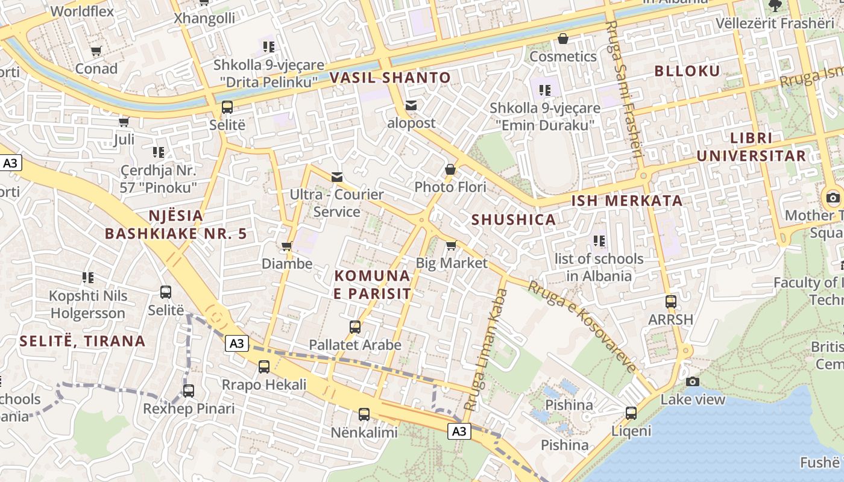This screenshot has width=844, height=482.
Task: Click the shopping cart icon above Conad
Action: pos(96,51)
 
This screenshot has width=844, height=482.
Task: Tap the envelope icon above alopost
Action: pos(411,105)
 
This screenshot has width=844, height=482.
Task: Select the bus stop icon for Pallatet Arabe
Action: pos(355,327)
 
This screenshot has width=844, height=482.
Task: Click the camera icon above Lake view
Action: pos(693,381)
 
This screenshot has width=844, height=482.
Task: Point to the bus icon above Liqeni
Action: pos(631,413)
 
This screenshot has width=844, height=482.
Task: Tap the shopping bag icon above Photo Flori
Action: pos(450,170)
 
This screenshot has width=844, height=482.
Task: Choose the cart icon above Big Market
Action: pos(451,245)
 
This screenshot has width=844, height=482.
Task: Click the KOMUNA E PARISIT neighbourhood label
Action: pos(372,285)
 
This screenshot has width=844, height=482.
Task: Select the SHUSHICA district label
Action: pos(514,219)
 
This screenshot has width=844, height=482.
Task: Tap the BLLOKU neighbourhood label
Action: pos(687,71)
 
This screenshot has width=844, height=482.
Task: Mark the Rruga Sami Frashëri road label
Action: pos(623,90)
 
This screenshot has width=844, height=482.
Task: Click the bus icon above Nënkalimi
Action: pos(364,415)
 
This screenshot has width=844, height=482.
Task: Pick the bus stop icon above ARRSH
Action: pos(670,302)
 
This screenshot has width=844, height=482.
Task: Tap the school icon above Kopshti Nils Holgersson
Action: pos(88,278)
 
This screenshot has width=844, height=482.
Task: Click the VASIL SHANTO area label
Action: pos(390,78)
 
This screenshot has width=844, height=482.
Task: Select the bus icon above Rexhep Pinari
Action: pos(189,391)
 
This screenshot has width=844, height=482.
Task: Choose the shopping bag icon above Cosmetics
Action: pos(562,39)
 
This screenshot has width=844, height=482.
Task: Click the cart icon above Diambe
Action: pos(287,246)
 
